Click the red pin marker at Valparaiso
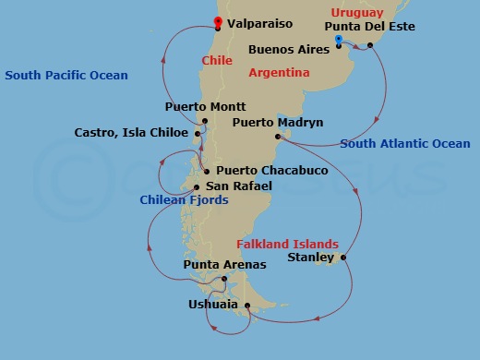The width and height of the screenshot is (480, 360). pos(218,22)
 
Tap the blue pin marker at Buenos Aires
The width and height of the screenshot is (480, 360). pos(339,40)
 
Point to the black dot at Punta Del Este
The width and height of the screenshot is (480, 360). pos(369,44)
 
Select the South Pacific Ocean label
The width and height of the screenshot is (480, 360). pos(66,75)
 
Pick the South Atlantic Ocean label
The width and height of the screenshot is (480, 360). pos(405,143)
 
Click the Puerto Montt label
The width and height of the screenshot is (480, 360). pos(204,107)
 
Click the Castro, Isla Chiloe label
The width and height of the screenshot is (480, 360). pos(131,133)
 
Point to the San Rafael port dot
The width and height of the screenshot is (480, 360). pos(196,186)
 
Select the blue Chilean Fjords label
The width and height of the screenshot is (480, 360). pos(184,199)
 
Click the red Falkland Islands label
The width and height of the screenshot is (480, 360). pos(287,244)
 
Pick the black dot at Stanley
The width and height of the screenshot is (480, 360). pos(343,258)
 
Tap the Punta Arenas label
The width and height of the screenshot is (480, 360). pos(224,265)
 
